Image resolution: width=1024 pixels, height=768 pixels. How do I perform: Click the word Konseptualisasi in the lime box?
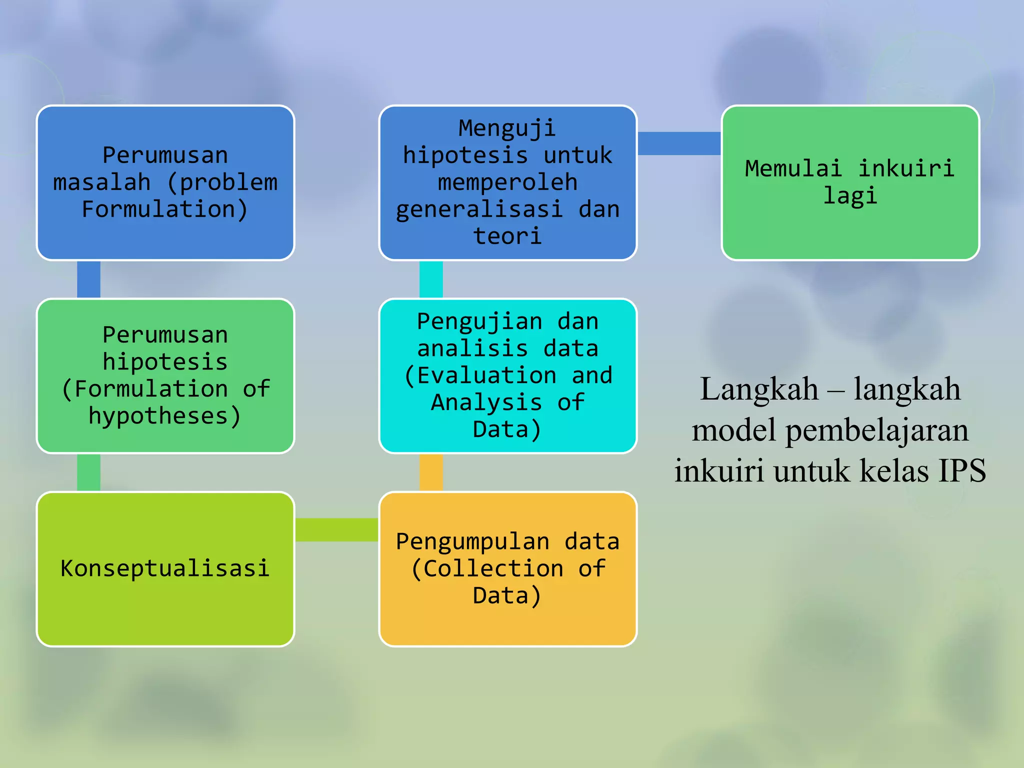165,568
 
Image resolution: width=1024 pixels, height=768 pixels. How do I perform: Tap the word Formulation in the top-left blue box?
158,209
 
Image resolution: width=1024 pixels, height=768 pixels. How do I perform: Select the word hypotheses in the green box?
158,416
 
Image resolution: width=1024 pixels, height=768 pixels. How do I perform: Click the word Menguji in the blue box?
507,128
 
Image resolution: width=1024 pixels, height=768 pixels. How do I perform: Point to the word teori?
507,236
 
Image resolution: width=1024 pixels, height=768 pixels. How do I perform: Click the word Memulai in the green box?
793,168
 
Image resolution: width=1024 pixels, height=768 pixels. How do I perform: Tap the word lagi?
850,195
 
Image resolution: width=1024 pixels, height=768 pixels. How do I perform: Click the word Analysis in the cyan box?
486,402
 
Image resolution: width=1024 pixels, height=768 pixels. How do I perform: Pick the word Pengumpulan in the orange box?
472,541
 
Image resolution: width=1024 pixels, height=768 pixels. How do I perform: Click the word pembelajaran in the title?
876,430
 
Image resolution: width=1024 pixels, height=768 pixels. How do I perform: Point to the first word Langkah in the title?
759,389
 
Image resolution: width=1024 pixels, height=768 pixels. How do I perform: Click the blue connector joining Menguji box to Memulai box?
679,143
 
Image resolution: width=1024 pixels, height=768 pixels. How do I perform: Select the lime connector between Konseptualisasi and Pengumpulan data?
336,530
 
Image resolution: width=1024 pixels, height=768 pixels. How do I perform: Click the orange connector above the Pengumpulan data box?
431,472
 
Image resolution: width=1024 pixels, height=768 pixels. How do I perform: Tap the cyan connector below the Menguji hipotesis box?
431,279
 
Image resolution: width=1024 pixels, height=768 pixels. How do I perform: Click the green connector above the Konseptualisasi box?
88,472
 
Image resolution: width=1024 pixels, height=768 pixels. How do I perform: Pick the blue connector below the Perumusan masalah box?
88,279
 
